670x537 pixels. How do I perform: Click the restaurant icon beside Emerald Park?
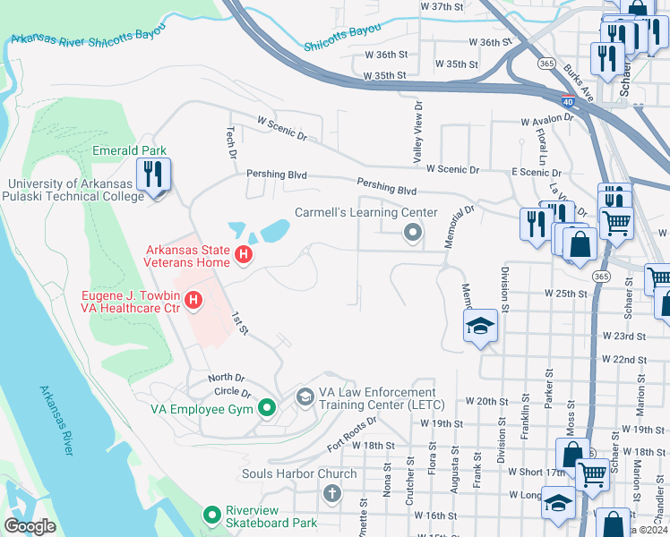click(152, 175)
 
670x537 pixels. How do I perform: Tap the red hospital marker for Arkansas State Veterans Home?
click(242, 257)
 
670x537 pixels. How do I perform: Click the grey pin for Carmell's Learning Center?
click(413, 234)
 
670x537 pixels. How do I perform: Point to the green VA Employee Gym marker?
click(266, 409)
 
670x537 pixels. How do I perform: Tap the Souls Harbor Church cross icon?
click(331, 493)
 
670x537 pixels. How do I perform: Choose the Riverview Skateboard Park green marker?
click(212, 515)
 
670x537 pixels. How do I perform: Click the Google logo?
click(30, 525)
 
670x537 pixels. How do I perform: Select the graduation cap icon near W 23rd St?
click(480, 327)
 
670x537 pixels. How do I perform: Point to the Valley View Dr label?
click(417, 132)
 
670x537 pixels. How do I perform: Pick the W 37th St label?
click(442, 6)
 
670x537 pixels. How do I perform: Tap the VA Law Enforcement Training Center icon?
click(305, 396)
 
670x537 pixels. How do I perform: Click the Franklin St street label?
click(526, 418)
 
